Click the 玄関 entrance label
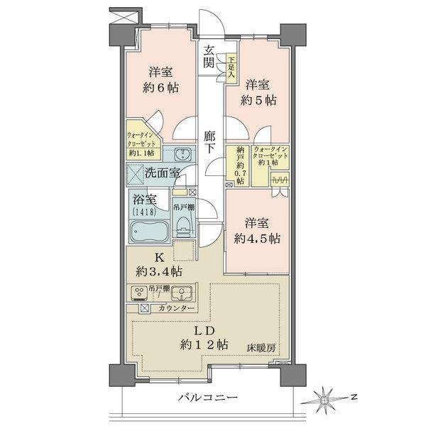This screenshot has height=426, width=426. coord(209,56)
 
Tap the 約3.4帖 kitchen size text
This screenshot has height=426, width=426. coord(159,271)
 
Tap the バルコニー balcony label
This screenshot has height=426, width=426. coord(206,399)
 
